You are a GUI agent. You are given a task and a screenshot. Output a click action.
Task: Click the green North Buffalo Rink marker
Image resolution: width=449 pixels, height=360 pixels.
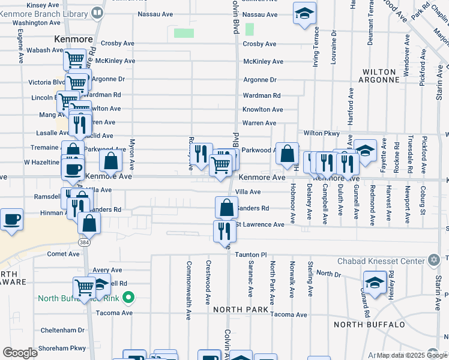127,298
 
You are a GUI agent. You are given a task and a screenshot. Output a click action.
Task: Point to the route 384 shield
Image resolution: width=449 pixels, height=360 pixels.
83,241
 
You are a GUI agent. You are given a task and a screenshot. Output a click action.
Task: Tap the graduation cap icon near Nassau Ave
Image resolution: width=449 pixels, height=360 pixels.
304,13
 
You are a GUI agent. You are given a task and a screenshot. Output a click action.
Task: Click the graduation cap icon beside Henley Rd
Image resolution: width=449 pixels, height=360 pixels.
375,283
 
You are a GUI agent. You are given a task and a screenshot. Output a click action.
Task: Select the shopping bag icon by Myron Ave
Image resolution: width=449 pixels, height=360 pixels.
111,160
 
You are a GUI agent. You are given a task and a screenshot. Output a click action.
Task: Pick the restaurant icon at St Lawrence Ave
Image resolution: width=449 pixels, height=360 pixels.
224,231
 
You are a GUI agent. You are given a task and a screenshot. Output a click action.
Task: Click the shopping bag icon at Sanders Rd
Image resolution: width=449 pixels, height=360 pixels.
226,208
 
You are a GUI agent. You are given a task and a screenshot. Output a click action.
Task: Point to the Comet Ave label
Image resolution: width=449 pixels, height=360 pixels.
64,254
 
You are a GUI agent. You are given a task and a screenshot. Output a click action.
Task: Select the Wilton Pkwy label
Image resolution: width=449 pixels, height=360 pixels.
322,133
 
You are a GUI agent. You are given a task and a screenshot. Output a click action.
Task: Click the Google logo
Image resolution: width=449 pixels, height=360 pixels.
20,353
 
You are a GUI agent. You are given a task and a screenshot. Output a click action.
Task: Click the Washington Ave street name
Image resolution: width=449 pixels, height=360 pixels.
37,22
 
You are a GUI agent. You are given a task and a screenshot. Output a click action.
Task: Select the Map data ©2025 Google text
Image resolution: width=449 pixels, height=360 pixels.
411,355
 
